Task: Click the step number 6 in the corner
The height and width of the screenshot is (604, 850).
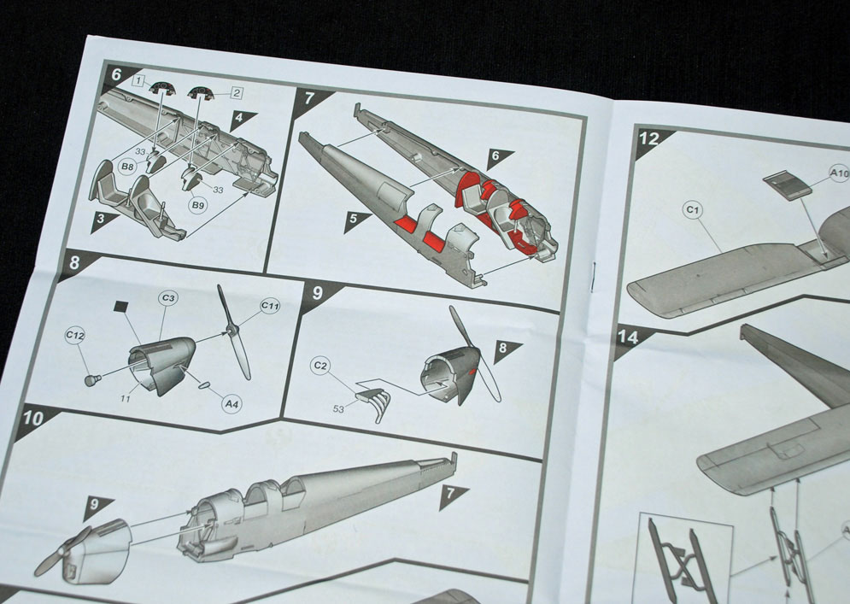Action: (116, 73)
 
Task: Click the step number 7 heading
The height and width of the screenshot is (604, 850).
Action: (309, 98)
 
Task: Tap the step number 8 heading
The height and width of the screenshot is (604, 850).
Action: (75, 263)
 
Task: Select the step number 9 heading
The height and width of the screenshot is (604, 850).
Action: (318, 293)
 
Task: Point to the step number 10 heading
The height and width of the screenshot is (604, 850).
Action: (33, 419)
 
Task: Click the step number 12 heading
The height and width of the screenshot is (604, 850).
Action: (649, 138)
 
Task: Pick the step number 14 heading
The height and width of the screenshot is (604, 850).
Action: (628, 337)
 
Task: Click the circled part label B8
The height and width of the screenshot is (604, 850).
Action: (127, 167)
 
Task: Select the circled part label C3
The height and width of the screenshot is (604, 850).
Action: (168, 297)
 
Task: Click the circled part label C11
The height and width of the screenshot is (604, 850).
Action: (270, 306)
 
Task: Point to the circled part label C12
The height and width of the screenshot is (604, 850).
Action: (75, 336)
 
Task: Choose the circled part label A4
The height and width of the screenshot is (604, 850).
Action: (232, 404)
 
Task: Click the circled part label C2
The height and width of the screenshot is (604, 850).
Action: (321, 366)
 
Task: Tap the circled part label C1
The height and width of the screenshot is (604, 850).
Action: (692, 210)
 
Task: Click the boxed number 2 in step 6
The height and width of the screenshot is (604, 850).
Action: (237, 93)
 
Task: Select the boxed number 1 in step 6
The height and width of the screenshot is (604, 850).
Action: (140, 81)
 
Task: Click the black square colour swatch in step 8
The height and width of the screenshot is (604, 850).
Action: (121, 307)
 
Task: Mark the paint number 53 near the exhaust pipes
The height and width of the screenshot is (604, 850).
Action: (338, 409)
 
